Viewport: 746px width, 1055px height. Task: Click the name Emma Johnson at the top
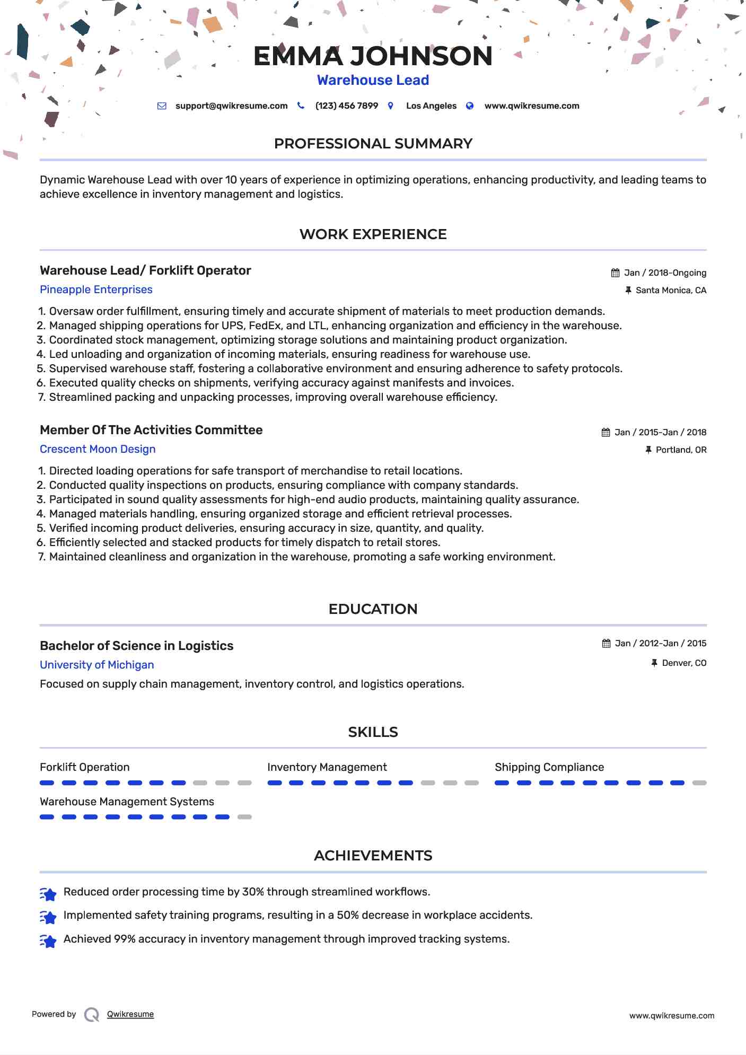(373, 56)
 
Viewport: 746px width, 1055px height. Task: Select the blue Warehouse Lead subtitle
(373, 80)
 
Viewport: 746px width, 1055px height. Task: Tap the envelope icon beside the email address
(162, 106)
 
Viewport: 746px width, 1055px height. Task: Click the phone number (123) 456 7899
(347, 106)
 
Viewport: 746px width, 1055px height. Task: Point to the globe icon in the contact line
(470, 106)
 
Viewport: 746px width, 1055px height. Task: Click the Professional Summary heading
(373, 144)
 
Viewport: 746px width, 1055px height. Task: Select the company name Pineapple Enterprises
(96, 289)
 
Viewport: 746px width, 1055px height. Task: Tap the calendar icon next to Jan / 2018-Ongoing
(615, 273)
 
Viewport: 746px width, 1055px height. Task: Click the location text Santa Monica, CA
(671, 291)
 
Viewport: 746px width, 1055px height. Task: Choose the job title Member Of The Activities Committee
(151, 430)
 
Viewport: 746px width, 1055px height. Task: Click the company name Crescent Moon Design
(98, 449)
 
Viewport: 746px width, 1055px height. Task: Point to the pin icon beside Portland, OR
(648, 450)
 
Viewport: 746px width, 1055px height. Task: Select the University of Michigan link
(97, 665)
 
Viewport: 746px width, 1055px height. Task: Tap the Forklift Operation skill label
(85, 767)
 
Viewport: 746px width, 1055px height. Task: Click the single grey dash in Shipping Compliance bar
(699, 783)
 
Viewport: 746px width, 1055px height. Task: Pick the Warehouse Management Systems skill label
(127, 802)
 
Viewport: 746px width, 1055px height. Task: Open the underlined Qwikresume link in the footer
(130, 1014)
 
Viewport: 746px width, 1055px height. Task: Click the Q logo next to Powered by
(92, 1014)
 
